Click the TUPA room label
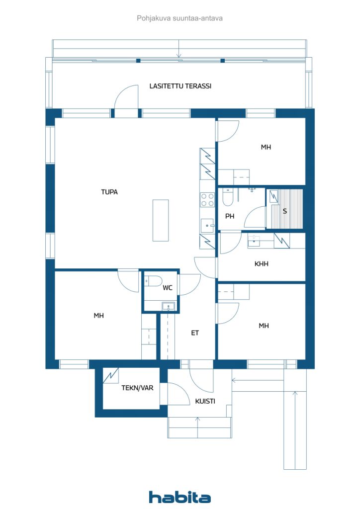[109, 192]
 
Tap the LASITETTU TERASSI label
[180, 86]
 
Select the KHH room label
[261, 264]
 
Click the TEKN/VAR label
[137, 388]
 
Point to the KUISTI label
[205, 401]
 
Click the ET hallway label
[195, 333]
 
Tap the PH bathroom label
[230, 216]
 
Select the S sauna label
[285, 211]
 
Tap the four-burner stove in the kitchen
[207, 200]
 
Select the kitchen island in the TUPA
[160, 220]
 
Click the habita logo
[180, 497]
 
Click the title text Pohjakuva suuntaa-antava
[180, 18]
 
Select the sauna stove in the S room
[273, 197]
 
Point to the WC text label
[168, 287]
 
